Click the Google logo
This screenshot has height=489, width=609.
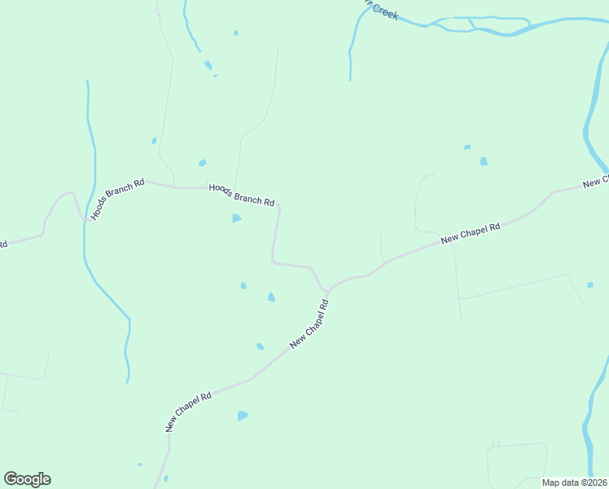(x=28, y=479)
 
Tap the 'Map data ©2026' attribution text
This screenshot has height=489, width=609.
(x=574, y=482)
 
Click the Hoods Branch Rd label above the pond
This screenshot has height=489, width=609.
(x=242, y=195)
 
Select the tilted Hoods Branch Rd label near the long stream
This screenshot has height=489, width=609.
(x=118, y=199)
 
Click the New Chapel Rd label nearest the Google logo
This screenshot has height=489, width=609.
(x=188, y=411)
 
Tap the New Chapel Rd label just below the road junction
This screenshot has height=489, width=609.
(x=309, y=324)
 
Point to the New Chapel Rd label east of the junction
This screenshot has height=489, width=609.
(x=470, y=234)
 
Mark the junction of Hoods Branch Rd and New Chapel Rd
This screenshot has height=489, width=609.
(x=327, y=291)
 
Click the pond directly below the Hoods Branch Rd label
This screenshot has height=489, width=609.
(x=237, y=218)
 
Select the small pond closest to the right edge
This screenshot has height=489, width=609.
(x=591, y=285)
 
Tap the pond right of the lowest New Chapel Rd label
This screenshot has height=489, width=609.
(x=242, y=416)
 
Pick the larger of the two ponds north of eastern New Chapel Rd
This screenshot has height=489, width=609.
(x=484, y=161)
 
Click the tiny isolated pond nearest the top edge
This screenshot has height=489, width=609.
(x=236, y=33)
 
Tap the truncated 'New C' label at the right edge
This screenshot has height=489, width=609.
(x=596, y=182)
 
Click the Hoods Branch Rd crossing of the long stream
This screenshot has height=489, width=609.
(x=85, y=218)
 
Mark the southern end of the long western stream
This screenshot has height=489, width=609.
(x=128, y=380)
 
